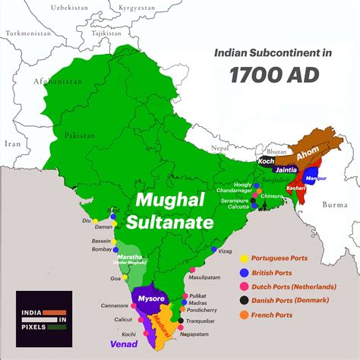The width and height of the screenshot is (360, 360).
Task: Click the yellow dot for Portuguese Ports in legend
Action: [x=243, y=258]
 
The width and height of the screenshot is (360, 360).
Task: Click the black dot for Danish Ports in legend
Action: [x=243, y=301]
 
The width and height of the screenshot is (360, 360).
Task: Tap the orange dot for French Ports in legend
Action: [x=243, y=314]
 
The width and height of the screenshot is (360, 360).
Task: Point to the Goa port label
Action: [x=115, y=279]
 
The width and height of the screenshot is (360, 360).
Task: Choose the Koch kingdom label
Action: [x=265, y=161]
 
